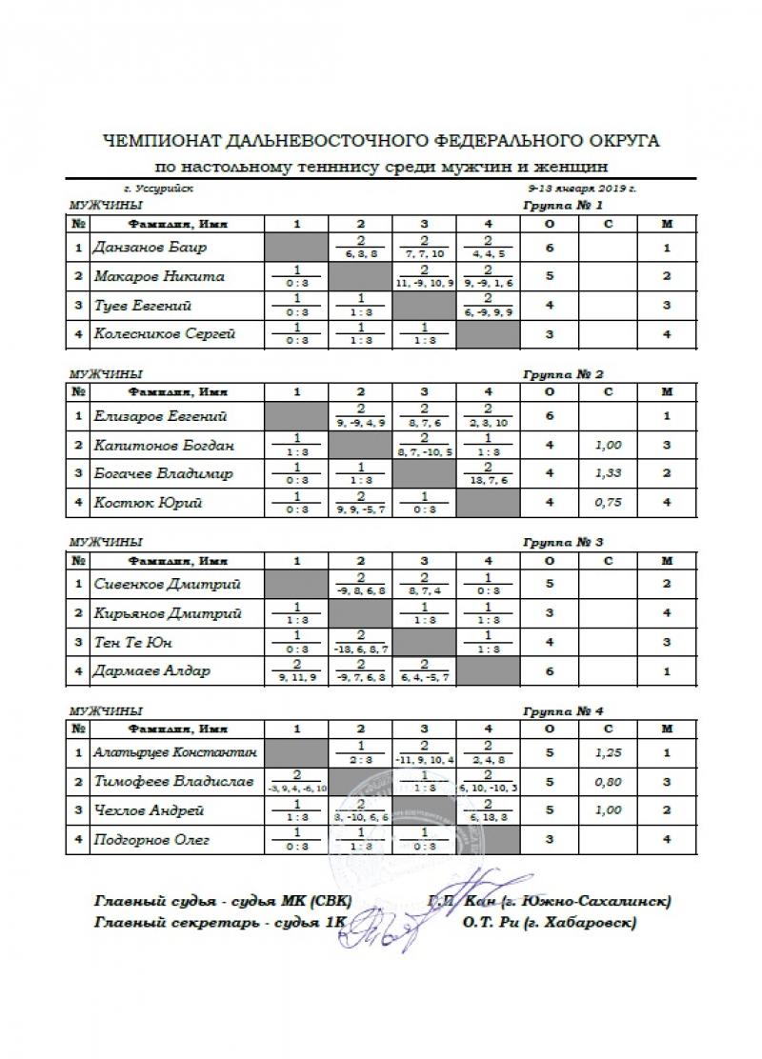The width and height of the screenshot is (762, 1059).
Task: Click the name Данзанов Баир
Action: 150,248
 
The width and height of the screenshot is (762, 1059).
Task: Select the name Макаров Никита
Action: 159,276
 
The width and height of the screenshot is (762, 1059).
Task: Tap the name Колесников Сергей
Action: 164,334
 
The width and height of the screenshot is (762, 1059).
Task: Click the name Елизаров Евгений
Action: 159,416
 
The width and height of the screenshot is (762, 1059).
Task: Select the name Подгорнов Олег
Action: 152,840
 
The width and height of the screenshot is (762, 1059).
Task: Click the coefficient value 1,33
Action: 608,473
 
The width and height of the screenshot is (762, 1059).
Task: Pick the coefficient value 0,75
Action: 608,503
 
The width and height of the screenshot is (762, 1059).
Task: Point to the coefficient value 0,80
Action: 608,782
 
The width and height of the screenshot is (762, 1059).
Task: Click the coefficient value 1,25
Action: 608,752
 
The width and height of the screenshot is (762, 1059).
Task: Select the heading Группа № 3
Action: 563,543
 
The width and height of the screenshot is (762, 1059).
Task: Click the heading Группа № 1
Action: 563,206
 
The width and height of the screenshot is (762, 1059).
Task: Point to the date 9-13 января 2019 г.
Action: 582,189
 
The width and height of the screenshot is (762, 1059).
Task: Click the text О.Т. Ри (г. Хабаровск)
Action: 549,922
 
